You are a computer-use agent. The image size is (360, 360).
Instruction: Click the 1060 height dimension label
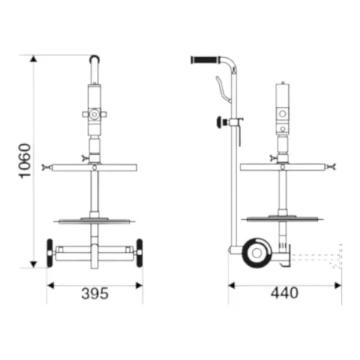(25, 161)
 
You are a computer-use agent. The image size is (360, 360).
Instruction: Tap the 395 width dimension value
(95, 293)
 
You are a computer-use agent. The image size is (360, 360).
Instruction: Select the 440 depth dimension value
(284, 293)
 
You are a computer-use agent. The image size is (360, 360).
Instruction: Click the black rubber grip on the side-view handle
(204, 59)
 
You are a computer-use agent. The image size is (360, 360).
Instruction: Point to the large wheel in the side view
(257, 253)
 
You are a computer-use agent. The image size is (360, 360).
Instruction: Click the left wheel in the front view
(49, 253)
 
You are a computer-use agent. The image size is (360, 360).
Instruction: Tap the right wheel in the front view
(139, 253)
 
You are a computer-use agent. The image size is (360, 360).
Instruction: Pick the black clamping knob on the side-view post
(220, 122)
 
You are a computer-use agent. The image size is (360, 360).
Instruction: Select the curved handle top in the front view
(95, 58)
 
